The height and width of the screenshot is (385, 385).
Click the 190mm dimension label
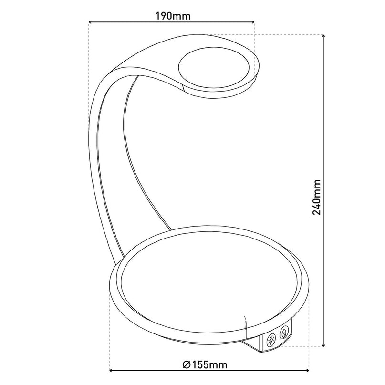coord(173,16)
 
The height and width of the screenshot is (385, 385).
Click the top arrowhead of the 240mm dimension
coord(324,37)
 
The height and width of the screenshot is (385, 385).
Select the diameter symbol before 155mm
coord(187,365)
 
